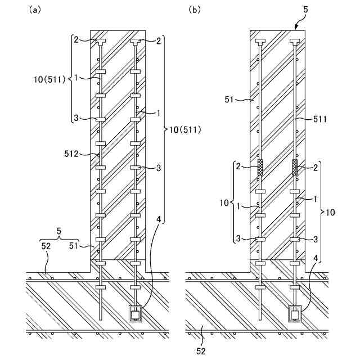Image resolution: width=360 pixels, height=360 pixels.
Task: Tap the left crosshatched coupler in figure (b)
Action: (260, 168)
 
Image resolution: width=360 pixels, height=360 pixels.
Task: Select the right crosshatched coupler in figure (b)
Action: (295, 168)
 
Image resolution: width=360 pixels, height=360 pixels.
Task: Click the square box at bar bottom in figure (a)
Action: (136, 313)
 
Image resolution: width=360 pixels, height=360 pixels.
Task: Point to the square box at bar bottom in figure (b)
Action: (295, 313)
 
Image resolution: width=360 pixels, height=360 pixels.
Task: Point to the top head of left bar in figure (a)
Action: (100, 42)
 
